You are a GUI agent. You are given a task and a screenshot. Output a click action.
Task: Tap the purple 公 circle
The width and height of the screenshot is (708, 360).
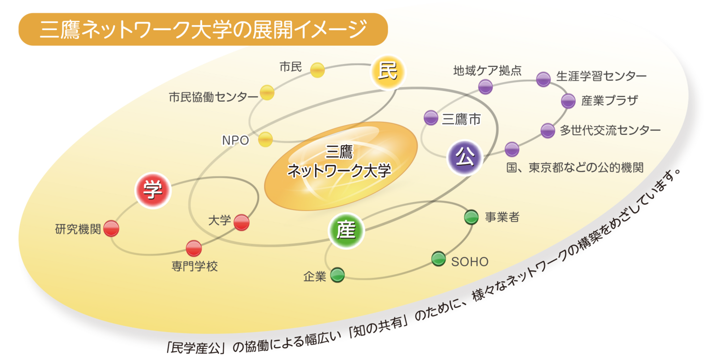click(465, 158)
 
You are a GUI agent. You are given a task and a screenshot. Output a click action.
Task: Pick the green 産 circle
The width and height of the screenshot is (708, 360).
click(346, 231)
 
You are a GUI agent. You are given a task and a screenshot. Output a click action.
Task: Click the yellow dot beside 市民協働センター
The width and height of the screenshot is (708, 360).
click(267, 92)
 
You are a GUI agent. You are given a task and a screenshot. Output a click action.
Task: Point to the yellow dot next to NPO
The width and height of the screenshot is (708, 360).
click(265, 139)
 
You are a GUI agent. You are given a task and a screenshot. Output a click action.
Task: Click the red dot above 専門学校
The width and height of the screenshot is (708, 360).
click(194, 248)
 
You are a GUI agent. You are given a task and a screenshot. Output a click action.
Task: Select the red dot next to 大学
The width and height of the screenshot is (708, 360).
click(241, 222)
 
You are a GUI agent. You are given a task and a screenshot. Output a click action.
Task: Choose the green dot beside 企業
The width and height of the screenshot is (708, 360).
click(337, 275)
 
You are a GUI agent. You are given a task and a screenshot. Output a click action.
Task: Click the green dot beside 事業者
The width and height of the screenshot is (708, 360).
click(471, 217)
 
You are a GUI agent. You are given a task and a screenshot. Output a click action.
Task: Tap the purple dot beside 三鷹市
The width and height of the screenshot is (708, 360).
click(431, 118)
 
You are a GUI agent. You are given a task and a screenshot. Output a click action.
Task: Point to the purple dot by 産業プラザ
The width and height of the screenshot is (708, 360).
click(568, 101)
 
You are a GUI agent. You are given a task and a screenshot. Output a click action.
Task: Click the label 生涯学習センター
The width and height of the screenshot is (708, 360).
click(601, 76)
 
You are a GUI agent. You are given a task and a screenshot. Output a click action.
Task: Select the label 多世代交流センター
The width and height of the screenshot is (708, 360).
click(610, 130)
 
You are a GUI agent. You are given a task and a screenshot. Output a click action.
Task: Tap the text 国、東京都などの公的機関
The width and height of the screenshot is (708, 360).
click(575, 168)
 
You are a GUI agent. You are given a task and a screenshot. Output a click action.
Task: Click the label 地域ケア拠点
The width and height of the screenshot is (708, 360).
click(487, 70)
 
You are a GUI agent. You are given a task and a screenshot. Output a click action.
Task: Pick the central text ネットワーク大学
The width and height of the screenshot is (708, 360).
click(339, 171)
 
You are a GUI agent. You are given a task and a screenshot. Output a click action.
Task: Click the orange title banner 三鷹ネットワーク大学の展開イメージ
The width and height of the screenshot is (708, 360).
click(203, 30)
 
